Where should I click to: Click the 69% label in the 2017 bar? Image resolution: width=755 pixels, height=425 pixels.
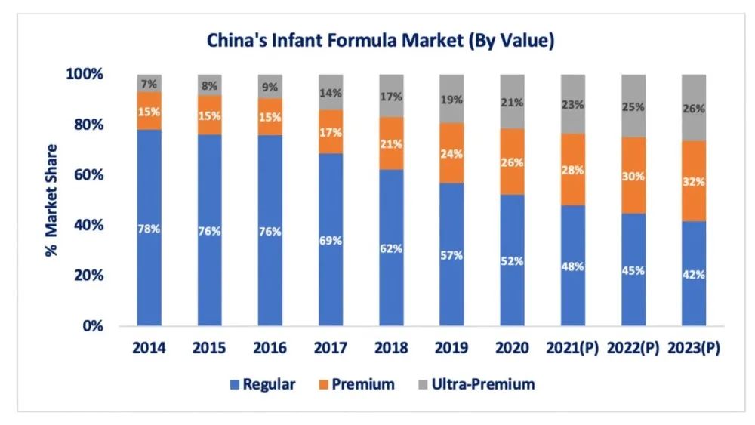(331, 240)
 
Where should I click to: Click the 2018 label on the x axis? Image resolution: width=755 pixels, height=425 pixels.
(391, 348)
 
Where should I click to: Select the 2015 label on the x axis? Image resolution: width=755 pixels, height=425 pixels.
(210, 348)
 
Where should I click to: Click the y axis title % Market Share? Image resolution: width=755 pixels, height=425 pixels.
(51, 200)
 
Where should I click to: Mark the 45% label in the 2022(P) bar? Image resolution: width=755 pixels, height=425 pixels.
(633, 270)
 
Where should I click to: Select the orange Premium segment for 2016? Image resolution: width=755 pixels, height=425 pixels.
(270, 117)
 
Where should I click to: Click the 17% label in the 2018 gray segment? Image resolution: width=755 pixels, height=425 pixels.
(391, 97)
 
